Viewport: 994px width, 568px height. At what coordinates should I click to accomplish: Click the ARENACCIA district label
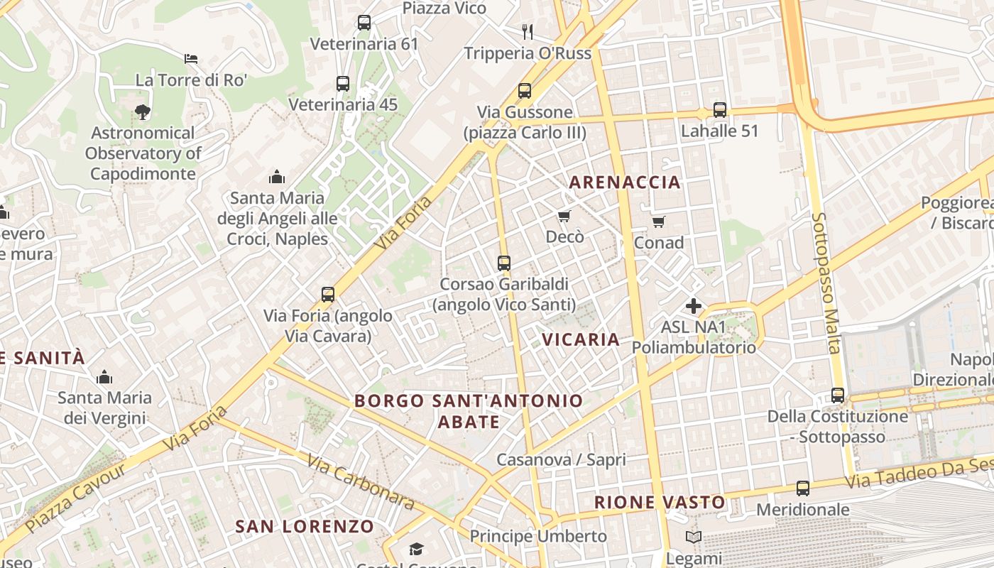pos(625,182)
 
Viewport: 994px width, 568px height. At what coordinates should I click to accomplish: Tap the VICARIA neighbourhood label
pos(581,339)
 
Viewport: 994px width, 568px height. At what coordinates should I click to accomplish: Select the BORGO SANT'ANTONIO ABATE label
pos(469,411)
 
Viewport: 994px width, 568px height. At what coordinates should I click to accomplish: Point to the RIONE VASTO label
pos(660,503)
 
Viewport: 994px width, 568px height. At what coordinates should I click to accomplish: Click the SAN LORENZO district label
pos(305,526)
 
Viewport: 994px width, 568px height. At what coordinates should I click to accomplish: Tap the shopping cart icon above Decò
pos(564,216)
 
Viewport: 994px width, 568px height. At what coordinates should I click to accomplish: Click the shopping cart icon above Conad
pos(658,222)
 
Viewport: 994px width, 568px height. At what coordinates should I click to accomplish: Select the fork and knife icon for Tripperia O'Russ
pos(527,31)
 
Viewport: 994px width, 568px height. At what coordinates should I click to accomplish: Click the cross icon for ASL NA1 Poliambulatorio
pos(694,306)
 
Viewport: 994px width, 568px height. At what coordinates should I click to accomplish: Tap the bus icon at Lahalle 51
pos(720,110)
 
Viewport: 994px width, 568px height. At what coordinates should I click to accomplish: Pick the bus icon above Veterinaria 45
pos(343,84)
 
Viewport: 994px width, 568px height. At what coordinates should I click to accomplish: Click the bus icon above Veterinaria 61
pos(364,23)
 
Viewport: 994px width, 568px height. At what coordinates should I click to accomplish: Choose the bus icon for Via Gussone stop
pos(525,91)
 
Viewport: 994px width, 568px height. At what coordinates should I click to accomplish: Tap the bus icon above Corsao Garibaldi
pos(504,263)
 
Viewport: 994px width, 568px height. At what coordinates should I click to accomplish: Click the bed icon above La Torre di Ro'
pos(190,59)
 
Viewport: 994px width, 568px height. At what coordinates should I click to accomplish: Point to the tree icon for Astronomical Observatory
pos(143,111)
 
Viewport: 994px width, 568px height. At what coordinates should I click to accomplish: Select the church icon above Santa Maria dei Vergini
pos(105,377)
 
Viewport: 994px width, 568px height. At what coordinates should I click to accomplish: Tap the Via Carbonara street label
pos(361,481)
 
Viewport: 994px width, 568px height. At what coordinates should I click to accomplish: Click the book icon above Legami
pos(694,537)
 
